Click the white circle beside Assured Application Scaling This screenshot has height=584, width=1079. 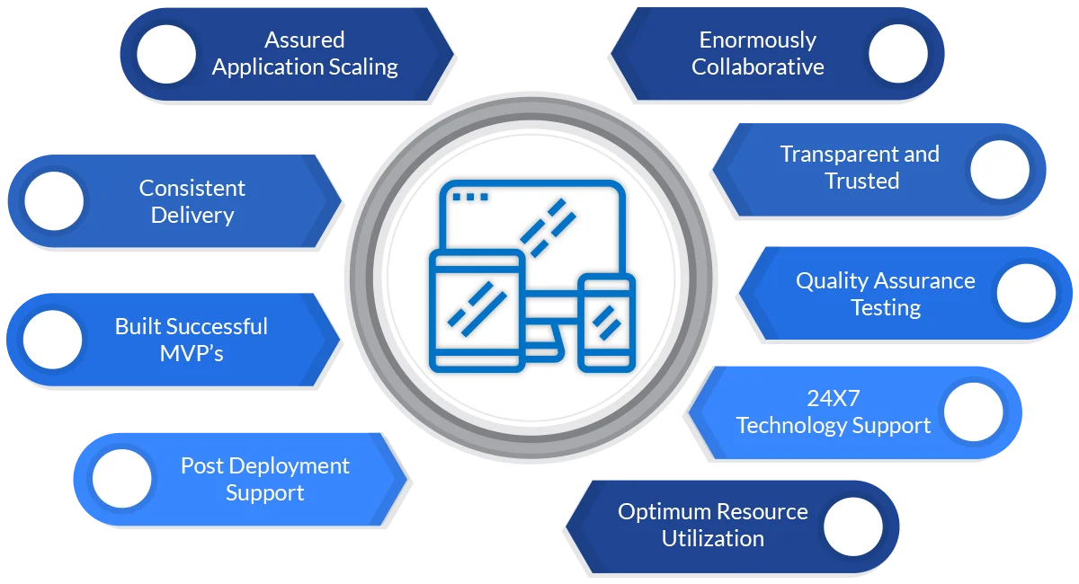tap(165, 55)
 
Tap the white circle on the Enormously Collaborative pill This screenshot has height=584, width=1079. tap(897, 53)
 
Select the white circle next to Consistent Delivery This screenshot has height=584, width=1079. tap(54, 201)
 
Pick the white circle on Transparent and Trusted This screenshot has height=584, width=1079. tap(999, 169)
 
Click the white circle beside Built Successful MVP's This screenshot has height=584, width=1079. tap(52, 340)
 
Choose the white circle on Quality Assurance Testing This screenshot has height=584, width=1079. tap(1027, 293)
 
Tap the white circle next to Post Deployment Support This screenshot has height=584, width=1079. tap(121, 479)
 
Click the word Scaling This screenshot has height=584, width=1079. tap(361, 67)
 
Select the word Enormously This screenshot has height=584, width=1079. tap(758, 40)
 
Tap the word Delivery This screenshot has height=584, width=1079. tap(192, 216)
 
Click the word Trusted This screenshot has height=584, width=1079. tap(861, 181)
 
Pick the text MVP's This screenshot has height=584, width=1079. tap(192, 353)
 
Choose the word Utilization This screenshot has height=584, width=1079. tap(713, 539)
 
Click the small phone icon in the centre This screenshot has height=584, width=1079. tap(606, 322)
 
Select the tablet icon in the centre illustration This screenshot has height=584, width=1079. tap(477, 311)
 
